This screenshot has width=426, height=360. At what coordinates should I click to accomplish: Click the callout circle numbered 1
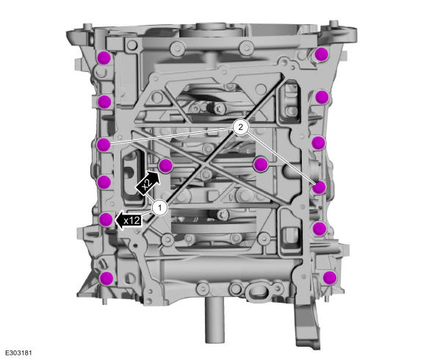(160, 208)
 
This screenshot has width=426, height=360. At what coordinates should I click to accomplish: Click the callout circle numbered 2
(240, 127)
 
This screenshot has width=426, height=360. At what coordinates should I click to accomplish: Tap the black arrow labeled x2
(148, 183)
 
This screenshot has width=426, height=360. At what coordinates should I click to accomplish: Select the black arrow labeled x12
(129, 220)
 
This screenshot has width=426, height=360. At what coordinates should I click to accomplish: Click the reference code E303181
(19, 353)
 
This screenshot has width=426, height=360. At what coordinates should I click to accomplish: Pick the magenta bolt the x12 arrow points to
(106, 220)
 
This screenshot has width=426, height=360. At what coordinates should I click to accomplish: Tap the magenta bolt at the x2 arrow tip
(165, 165)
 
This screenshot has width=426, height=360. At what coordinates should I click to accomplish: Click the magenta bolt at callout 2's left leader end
(104, 144)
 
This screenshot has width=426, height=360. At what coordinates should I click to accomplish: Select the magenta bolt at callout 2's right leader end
(319, 187)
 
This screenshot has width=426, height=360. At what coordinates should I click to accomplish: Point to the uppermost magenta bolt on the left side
(104, 57)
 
